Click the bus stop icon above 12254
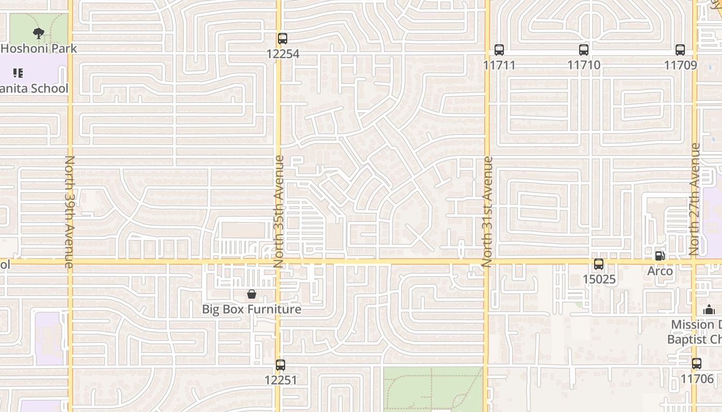click(x=282, y=39)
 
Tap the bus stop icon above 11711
click(x=499, y=50)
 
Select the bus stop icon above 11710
click(x=583, y=50)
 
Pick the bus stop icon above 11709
click(x=680, y=50)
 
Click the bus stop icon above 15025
click(x=599, y=264)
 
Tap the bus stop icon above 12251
click(x=280, y=365)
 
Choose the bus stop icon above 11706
click(x=697, y=363)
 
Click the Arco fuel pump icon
click(x=660, y=255)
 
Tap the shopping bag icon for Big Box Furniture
click(x=252, y=294)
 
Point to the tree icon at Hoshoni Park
click(x=38, y=34)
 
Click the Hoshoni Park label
click(x=39, y=48)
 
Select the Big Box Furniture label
click(x=252, y=309)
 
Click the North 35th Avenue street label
click(x=279, y=211)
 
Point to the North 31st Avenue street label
click(x=487, y=211)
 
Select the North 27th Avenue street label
click(x=695, y=199)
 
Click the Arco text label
click(x=660, y=271)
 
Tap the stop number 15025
click(x=599, y=279)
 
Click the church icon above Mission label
click(x=709, y=310)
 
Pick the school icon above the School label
click(x=18, y=73)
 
